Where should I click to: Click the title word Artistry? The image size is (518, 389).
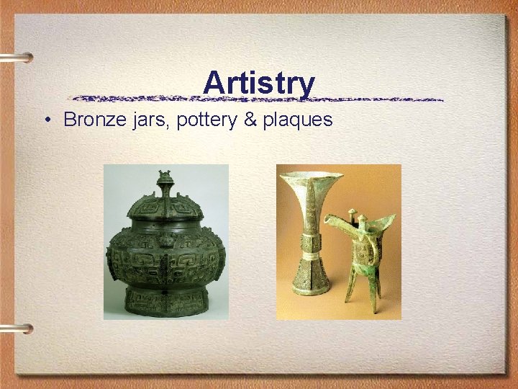pyautogui.click(x=259, y=82)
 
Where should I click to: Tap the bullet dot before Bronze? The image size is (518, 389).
pyautogui.click(x=45, y=120)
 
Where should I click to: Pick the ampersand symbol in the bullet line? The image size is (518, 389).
pyautogui.click(x=250, y=120)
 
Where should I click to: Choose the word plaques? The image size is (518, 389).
pyautogui.click(x=297, y=120)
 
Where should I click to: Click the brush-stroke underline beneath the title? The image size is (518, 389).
pyautogui.click(x=259, y=99)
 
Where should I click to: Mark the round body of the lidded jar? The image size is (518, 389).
pyautogui.click(x=165, y=256)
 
